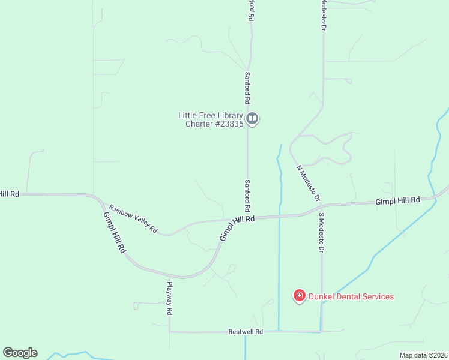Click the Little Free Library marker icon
coord(253,118)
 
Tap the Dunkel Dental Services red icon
coord(299,296)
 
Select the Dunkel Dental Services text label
coord(351,296)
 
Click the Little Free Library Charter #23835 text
coord(211,120)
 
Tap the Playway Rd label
coord(170,299)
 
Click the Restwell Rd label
coord(246,332)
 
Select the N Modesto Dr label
coord(309,183)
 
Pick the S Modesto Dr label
coord(322,232)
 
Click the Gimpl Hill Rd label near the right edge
coord(397,200)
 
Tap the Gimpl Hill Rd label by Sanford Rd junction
coord(237,229)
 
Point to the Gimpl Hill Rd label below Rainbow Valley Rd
coord(114,232)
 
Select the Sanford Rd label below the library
coord(247,195)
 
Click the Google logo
coord(20,353)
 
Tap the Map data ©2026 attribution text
coord(423,355)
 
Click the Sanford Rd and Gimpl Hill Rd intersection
coord(247,217)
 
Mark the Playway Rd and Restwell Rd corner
coord(170,331)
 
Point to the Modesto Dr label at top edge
coord(323,15)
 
